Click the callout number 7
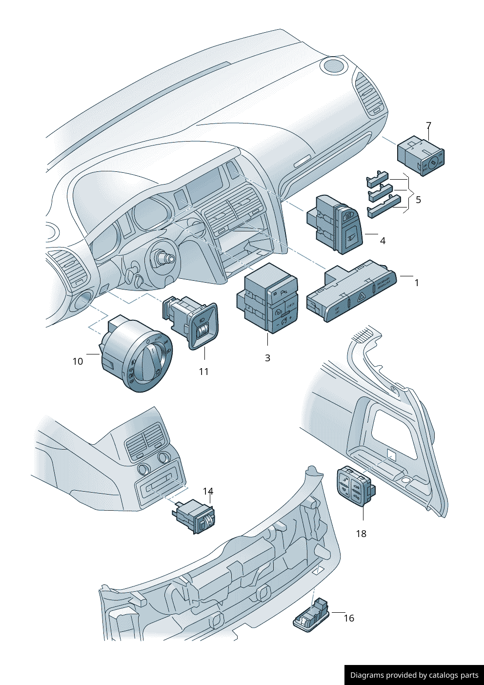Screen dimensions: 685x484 point(428,125)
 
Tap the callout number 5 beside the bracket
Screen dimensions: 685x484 point(418,200)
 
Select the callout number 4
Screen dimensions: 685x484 point(383,241)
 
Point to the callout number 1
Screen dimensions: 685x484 point(416,283)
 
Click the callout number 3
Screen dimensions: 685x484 point(267,358)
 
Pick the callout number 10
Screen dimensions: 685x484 point(78,361)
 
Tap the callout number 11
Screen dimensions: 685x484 point(203,372)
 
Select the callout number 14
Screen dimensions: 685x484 point(208,491)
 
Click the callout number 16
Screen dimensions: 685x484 point(349,618)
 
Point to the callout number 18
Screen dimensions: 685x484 point(361,534)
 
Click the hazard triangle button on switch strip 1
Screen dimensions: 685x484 point(360,296)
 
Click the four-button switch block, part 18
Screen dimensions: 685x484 point(354,487)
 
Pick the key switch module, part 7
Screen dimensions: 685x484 point(421,155)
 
